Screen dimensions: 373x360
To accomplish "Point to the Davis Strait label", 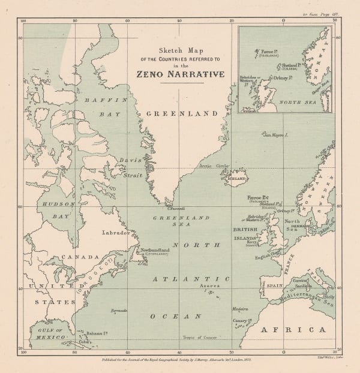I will [131, 164].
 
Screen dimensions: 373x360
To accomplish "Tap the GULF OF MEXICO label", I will [49, 335].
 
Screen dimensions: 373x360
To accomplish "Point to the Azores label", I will [210, 287].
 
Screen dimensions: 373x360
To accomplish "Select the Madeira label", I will [241, 309].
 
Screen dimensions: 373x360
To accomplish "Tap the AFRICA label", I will [293, 330].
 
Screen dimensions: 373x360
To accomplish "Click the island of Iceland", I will [235, 179].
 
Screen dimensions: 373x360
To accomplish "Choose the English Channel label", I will [268, 258].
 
